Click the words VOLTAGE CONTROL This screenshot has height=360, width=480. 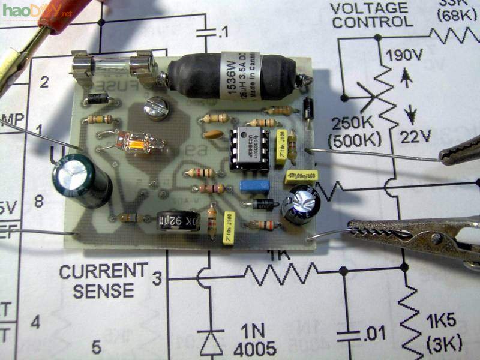372,16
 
